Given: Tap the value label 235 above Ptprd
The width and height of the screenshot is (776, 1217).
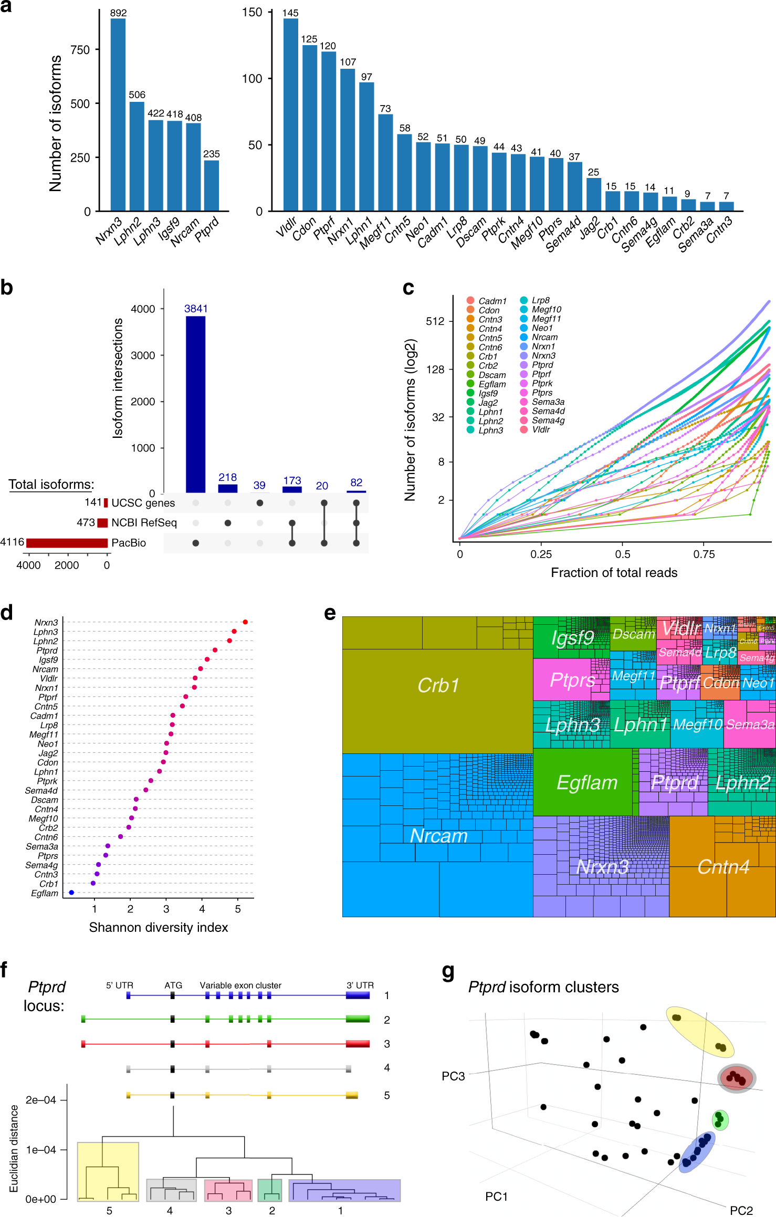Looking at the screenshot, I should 212,154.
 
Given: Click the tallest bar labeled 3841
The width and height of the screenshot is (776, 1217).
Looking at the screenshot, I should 195,404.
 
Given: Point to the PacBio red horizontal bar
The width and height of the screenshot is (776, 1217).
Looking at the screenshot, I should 67,542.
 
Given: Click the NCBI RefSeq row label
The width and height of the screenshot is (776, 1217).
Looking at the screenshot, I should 144,522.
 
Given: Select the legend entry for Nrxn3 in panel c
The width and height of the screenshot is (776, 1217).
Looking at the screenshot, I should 543,355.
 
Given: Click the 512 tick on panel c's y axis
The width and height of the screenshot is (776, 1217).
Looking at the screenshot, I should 435,321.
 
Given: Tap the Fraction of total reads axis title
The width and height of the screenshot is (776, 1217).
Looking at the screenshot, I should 614,572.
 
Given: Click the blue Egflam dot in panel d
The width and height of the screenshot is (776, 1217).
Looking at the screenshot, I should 71,892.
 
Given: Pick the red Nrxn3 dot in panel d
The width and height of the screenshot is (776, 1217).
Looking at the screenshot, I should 245,622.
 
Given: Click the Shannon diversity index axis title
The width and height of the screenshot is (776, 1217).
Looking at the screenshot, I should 158,927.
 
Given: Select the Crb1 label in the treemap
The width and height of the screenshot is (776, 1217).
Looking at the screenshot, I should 438,685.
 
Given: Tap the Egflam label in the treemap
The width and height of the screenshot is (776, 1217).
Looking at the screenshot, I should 586,782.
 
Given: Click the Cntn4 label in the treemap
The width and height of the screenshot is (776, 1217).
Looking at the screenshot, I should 723,867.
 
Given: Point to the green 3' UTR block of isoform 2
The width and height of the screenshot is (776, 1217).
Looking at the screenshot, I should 358,1019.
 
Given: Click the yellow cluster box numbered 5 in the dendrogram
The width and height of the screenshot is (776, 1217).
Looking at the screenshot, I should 108,1171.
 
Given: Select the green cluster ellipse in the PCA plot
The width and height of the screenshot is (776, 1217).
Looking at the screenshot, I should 720,1119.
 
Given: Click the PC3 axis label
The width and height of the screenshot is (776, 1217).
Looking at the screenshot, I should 453,1076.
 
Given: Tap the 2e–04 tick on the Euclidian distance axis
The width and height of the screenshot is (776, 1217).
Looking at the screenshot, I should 40,1099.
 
